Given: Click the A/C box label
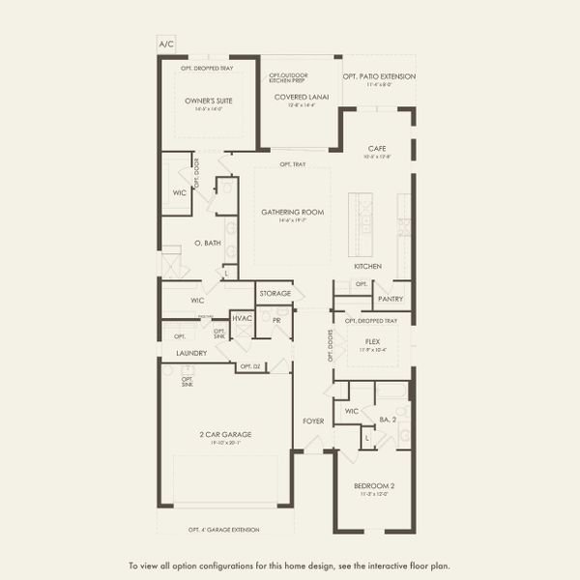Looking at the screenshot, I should point(165,44).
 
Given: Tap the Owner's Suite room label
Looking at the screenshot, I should point(209,101).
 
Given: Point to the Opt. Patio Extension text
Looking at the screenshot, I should point(379,76).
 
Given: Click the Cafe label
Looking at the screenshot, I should point(376,149).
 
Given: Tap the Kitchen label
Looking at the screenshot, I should point(367,266).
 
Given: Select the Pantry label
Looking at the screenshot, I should point(391,299).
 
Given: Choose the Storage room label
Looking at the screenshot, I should point(275,293).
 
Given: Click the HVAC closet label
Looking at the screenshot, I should point(242,318).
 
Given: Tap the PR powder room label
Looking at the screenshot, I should point(276,319).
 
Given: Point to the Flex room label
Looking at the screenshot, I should point(372,341).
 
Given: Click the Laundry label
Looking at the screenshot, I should point(191,354).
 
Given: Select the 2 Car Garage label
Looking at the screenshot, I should point(225,435).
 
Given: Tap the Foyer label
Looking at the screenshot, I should point(313,420).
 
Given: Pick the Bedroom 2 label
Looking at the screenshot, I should point(372,485).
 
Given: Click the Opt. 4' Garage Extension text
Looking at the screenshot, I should point(226,530).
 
